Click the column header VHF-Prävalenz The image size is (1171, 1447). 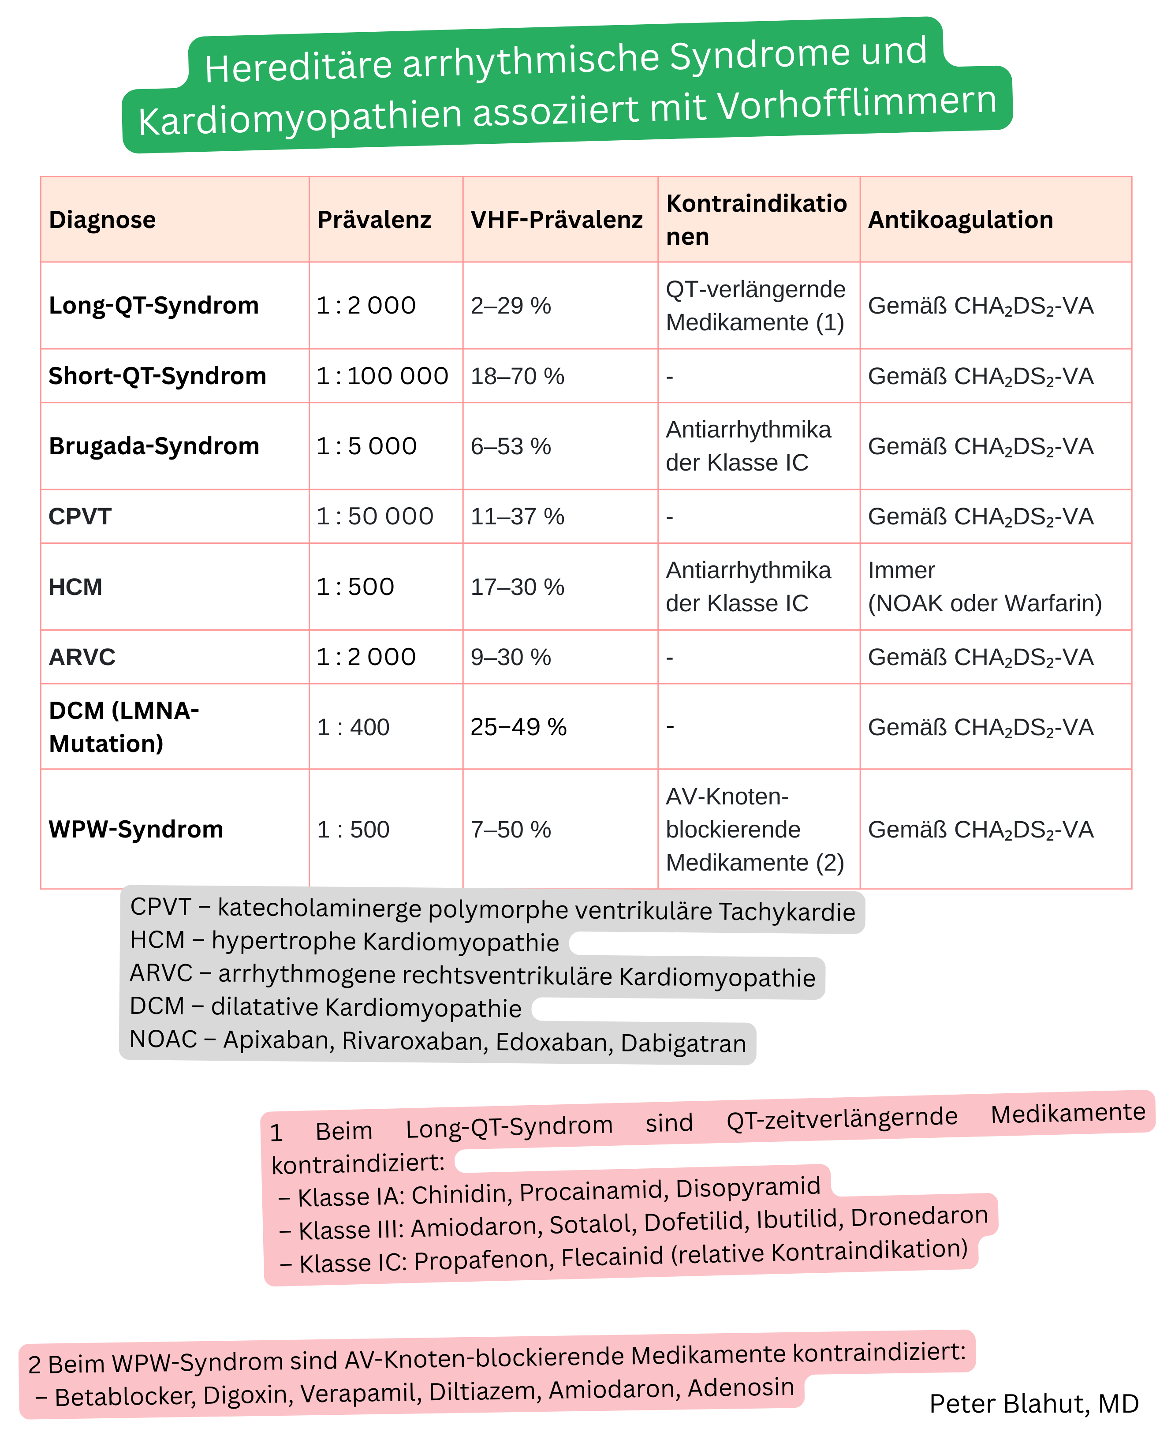click(x=556, y=220)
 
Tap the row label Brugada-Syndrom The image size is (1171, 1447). click(x=154, y=446)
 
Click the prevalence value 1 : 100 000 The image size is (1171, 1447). click(x=382, y=376)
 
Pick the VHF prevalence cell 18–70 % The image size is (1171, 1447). click(x=517, y=376)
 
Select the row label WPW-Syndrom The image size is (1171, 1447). click(x=136, y=829)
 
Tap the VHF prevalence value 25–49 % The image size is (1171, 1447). click(x=518, y=726)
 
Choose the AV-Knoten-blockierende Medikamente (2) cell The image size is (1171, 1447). click(x=754, y=829)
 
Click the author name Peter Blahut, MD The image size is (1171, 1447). click(x=1033, y=1404)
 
